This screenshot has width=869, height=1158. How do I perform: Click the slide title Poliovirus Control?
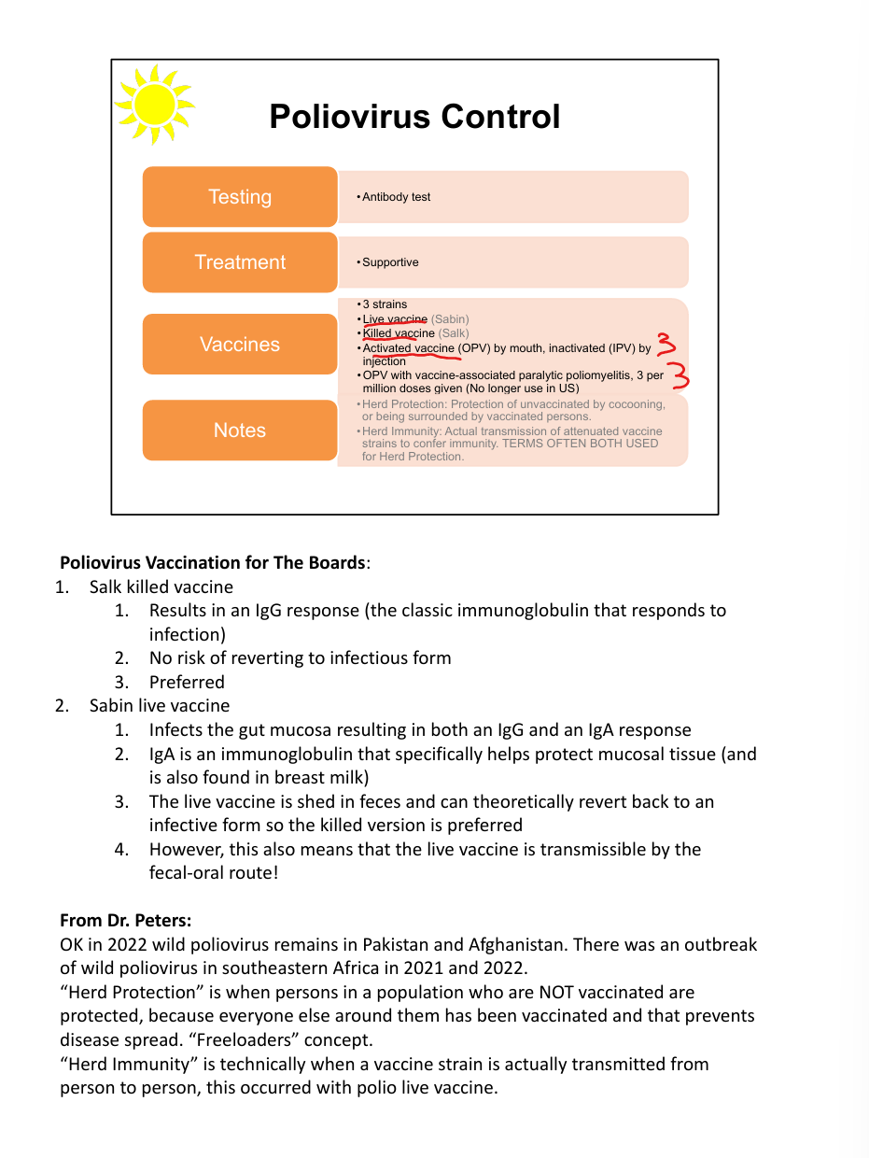(414, 117)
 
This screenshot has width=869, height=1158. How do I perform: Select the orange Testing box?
(240, 197)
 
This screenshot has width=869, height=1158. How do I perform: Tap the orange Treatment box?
(240, 262)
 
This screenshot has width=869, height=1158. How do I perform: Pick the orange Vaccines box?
(240, 345)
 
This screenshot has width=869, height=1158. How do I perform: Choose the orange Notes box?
(240, 431)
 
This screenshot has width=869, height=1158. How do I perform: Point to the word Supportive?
(390, 262)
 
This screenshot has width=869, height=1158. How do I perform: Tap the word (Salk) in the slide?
(454, 333)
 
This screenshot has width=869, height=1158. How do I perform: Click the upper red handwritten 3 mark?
(666, 345)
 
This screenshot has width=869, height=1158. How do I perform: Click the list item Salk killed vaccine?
(161, 587)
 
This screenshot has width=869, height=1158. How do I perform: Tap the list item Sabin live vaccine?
(160, 705)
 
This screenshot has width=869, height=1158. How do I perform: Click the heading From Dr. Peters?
(126, 920)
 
